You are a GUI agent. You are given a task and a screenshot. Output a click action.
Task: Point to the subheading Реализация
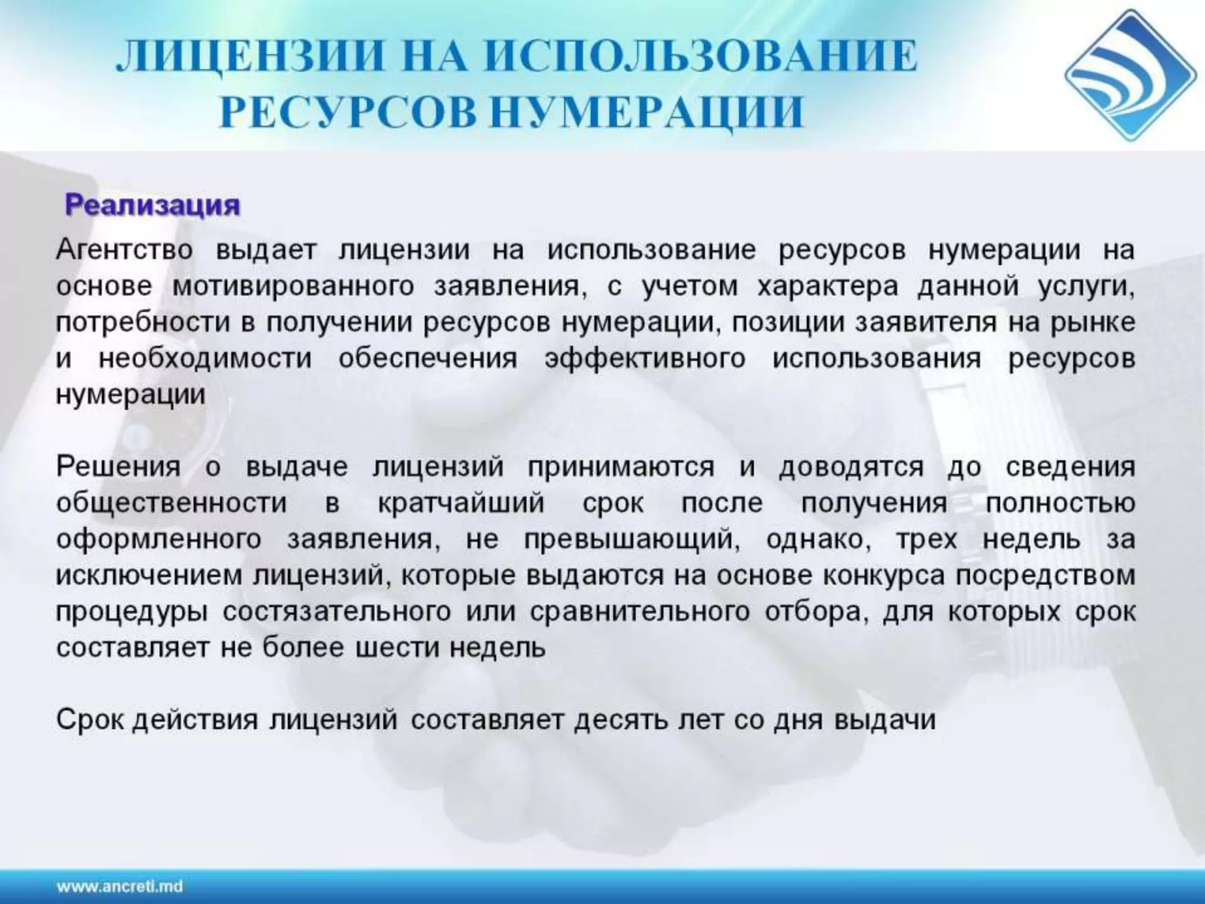pos(152,205)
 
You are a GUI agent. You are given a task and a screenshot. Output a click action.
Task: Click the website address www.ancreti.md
pos(120,886)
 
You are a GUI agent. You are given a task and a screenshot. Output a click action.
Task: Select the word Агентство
pos(125,250)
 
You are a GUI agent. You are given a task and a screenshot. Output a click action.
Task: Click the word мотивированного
pos(293,287)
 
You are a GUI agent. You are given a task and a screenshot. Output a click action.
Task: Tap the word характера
pos(828,287)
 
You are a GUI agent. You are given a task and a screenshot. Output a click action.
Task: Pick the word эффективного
pos(645,358)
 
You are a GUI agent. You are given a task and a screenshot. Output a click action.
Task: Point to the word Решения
pos(118,467)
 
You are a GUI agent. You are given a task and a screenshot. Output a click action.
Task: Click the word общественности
pos(172,503)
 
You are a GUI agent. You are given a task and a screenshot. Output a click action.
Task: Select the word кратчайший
pos(461,503)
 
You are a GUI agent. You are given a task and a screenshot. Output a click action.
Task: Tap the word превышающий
pos(631,540)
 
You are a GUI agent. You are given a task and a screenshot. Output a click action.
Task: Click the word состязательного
pos(337,611)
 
